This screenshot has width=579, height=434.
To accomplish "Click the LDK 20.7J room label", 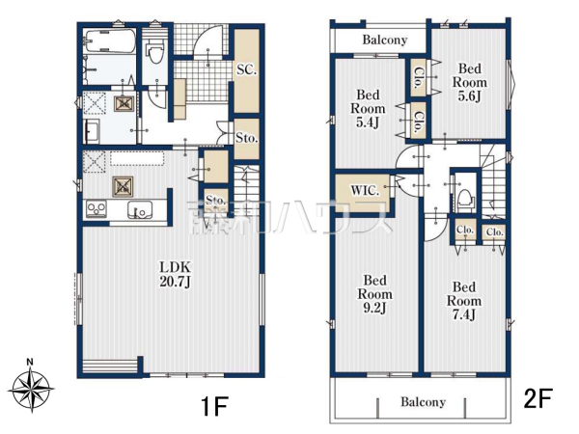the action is coord(175,274).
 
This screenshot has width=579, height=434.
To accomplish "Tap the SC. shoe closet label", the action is coord(247,69).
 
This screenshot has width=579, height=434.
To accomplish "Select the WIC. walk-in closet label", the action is coord(365,191).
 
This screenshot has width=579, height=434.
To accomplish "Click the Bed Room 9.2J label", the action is coord(374,294).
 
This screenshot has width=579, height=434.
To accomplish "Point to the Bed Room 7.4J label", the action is coord(464,301).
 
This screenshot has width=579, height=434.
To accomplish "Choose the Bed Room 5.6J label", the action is coord(470,82).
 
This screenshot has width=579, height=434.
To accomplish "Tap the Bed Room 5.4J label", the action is coord(368,108).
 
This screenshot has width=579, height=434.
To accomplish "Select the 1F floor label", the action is coord(214,406).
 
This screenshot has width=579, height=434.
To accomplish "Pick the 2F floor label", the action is coord(538,398).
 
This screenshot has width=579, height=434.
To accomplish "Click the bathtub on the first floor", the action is coord(109,41).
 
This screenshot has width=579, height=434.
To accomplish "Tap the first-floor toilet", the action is coord(154,53).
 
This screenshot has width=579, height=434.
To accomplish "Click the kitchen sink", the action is coord(140,210).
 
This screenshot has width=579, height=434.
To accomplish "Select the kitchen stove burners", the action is coord(96,209).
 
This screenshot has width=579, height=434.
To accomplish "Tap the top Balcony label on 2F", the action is coord(385,40).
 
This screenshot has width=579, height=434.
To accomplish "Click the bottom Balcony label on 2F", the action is coord(424,401).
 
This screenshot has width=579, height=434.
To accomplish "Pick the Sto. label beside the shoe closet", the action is coord(246,138).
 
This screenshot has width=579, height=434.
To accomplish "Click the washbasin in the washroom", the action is coord(92,131).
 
